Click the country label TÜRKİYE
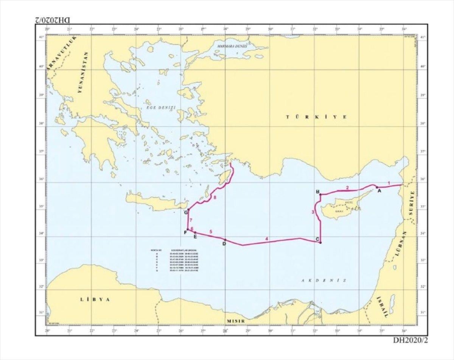point(316,117)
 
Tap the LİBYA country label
point(95,299)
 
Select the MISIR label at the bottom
point(236,321)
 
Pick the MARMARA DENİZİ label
point(232,46)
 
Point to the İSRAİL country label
point(382,307)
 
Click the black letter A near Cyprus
point(379,191)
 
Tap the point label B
point(318,191)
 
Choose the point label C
point(317,239)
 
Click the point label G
point(186,213)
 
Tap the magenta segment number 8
point(215,198)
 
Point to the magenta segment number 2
point(347,187)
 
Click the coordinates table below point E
point(175,261)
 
